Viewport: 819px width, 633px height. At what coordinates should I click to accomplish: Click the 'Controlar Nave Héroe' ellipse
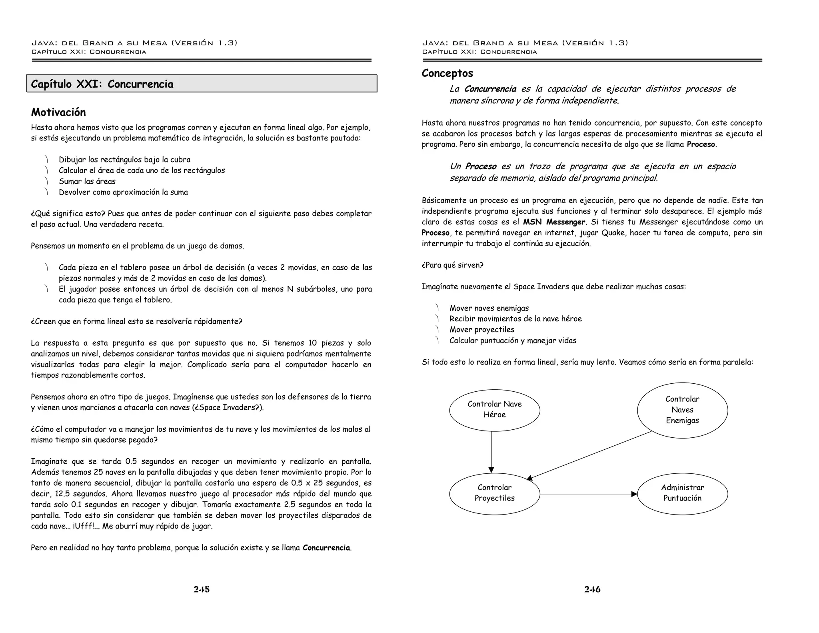pyautogui.click(x=494, y=410)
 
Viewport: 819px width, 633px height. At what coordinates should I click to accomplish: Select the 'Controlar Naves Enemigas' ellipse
pyautogui.click(x=682, y=410)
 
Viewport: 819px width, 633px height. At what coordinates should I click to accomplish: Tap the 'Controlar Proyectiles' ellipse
pyautogui.click(x=494, y=493)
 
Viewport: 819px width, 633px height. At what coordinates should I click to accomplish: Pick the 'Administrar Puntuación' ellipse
pyautogui.click(x=682, y=493)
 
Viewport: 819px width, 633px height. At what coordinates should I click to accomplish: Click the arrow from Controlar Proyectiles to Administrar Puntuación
pyautogui.click(x=588, y=494)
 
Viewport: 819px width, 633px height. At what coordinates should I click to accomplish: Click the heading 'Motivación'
pyautogui.click(x=58, y=112)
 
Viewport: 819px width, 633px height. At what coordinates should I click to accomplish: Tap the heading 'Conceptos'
pyautogui.click(x=447, y=73)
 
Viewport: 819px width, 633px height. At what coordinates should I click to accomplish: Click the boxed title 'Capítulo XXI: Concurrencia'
pyautogui.click(x=102, y=84)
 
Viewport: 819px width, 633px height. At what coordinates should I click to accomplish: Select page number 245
pyautogui.click(x=202, y=589)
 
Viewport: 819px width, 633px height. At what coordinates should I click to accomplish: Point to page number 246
pyautogui.click(x=592, y=589)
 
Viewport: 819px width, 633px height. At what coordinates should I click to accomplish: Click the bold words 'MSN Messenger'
pyautogui.click(x=554, y=222)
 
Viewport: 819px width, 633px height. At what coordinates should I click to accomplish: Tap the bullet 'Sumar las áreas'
pyautogui.click(x=87, y=181)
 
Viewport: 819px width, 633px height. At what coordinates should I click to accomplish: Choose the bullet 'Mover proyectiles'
pyautogui.click(x=481, y=330)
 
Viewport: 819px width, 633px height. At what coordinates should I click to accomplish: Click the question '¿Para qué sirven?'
pyautogui.click(x=452, y=265)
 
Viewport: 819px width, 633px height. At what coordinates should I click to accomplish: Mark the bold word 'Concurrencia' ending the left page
pyautogui.click(x=326, y=548)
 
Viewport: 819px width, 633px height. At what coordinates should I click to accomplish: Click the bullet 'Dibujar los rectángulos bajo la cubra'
pyautogui.click(x=124, y=160)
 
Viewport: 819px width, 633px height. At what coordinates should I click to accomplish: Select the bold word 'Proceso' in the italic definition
pyautogui.click(x=481, y=166)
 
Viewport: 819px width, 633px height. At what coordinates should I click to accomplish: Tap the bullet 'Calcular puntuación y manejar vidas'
pyautogui.click(x=513, y=341)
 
